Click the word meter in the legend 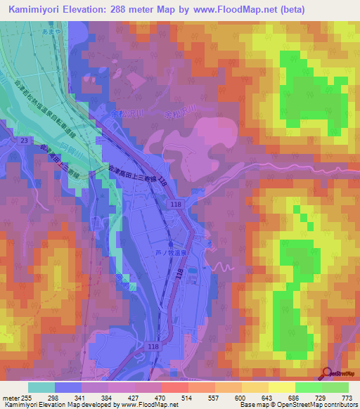pos(11,397)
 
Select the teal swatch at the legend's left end pos(41,387)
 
